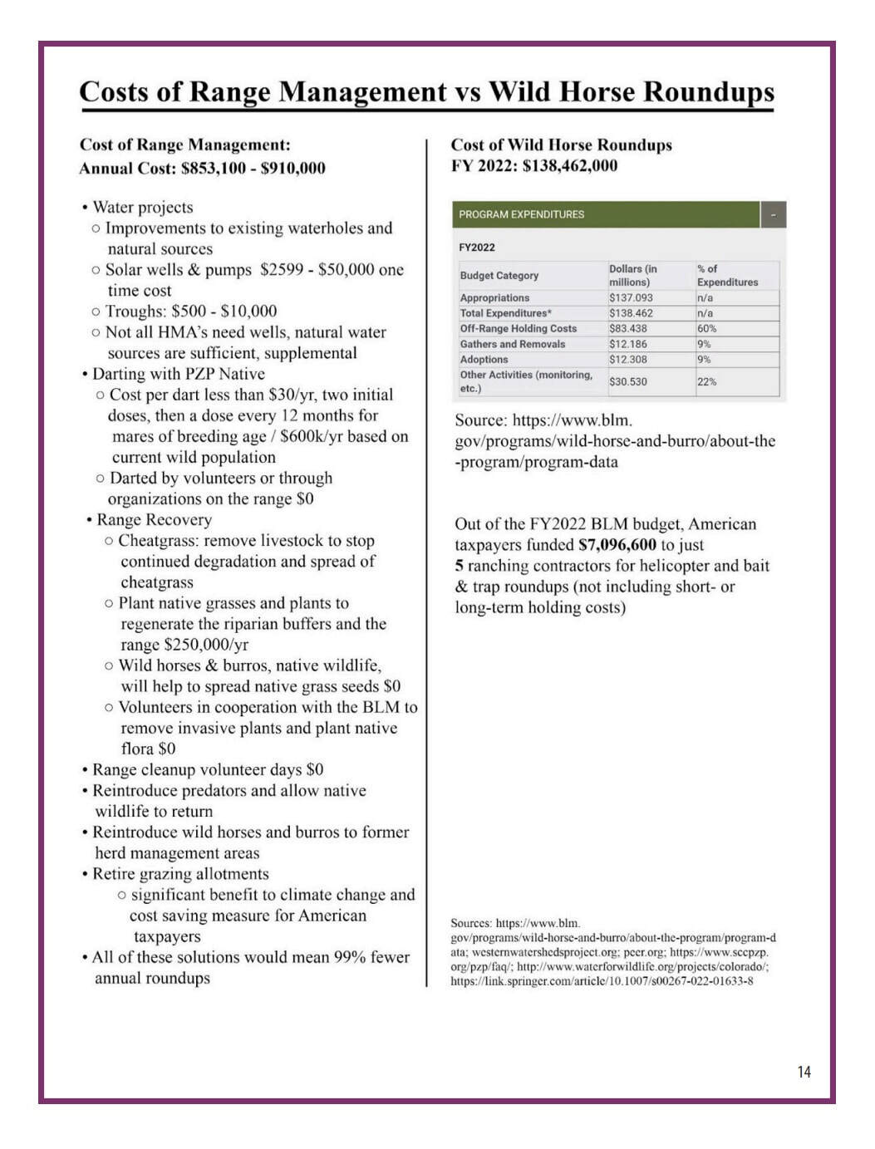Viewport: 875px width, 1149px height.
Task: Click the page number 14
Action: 804,1072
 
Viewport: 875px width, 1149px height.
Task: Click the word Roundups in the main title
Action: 709,91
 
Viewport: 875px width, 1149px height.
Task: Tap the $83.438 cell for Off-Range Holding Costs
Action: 628,328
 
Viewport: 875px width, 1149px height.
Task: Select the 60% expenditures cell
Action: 706,328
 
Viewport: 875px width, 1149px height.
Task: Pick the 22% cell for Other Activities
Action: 706,381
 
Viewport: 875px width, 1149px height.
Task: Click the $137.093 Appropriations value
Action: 631,297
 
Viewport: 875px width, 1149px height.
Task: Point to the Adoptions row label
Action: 484,359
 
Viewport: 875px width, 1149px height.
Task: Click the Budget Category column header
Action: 499,275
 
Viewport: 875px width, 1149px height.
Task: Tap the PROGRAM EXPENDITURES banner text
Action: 521,214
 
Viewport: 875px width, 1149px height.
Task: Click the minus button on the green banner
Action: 773,214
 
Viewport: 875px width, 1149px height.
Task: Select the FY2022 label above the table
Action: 477,247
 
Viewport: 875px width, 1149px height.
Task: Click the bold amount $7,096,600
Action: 617,545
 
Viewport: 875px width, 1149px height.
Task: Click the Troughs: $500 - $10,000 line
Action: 190,312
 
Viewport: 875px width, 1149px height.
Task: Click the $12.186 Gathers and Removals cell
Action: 628,344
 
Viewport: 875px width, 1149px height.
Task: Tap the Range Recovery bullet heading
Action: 154,520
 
